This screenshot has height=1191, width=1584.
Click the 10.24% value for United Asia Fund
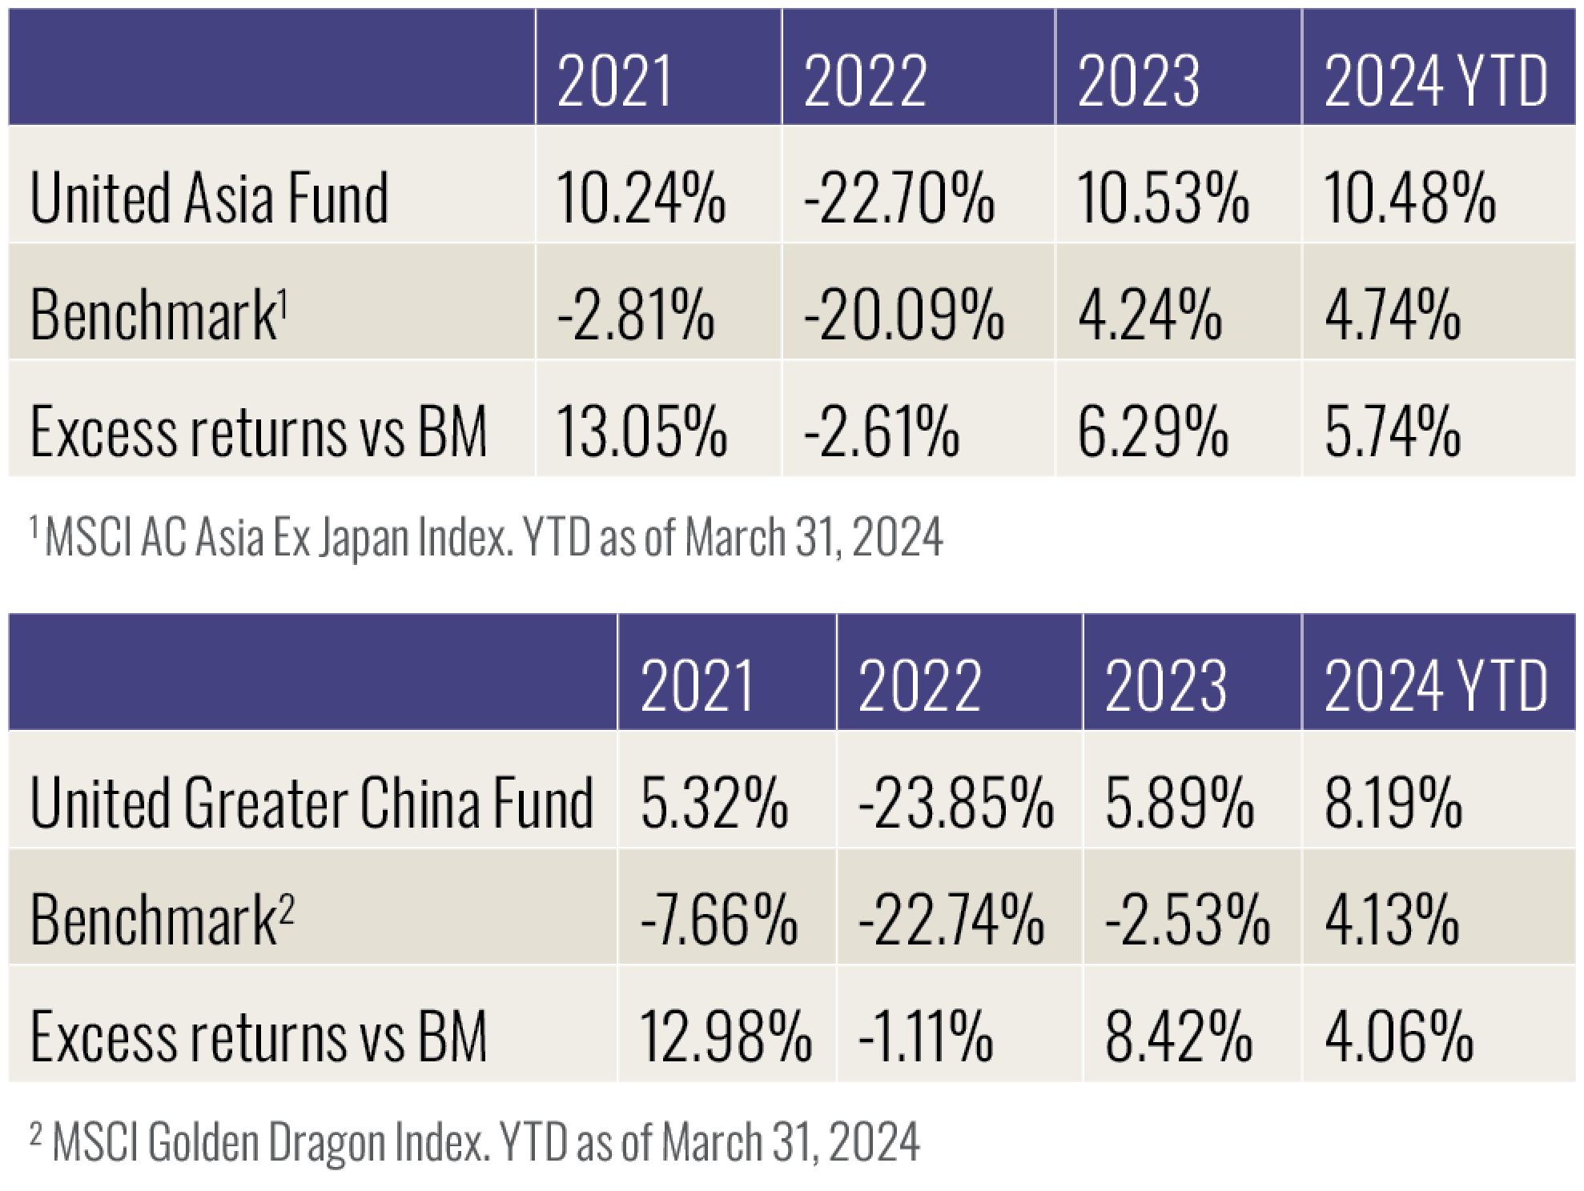point(640,198)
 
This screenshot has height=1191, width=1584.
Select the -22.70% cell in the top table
point(899,198)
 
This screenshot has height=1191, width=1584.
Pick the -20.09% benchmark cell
point(903,315)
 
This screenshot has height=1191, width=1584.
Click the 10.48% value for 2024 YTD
point(1409,198)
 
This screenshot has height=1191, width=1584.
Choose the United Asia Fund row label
point(209,198)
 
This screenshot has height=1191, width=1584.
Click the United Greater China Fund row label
point(312,803)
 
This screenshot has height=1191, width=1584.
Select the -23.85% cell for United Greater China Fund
point(955,803)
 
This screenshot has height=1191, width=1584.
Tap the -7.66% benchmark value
point(719,920)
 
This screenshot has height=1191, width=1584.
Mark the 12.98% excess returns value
point(726,1037)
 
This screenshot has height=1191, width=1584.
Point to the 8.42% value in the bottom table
point(1179,1037)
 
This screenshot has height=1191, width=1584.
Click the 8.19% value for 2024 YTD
point(1393,803)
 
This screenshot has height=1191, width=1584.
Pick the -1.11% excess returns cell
point(925,1037)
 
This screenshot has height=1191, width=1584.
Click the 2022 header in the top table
point(865,82)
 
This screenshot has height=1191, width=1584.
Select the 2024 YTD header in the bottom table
point(1436,686)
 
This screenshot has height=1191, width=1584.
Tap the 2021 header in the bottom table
point(698,686)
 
